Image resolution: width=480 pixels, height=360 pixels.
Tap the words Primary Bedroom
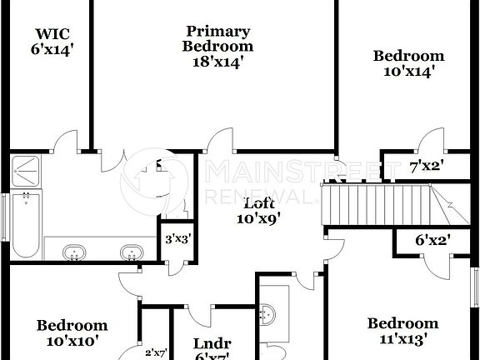coord(217,39)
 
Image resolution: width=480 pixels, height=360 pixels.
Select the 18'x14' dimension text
coord(217,61)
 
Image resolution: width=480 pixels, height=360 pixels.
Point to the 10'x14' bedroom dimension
coord(408,72)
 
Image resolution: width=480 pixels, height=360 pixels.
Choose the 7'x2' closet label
coord(426,166)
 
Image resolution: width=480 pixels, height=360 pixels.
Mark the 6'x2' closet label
coord(432,240)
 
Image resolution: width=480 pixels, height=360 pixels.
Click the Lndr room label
coord(212,343)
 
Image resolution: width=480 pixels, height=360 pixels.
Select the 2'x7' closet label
coord(157,352)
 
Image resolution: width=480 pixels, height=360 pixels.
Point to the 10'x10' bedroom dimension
coord(72,340)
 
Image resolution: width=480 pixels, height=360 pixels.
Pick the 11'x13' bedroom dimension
coord(402,339)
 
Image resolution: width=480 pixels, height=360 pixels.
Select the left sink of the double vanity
coord(76,252)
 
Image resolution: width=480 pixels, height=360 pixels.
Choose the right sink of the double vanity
coord(130,252)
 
